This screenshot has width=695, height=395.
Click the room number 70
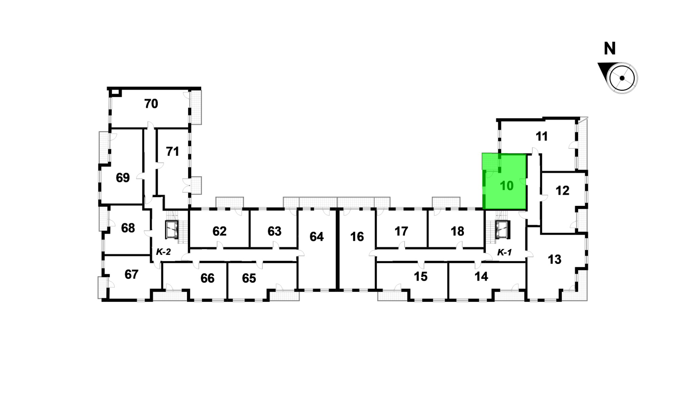(x=151, y=104)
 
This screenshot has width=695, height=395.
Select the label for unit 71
(x=172, y=151)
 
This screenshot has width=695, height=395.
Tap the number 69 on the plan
(x=123, y=177)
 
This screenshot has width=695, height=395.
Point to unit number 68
(x=128, y=228)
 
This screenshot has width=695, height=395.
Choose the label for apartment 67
(x=131, y=274)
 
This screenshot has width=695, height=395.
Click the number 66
(x=207, y=278)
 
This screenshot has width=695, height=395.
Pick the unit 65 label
(x=249, y=278)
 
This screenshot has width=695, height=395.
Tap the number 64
(x=317, y=236)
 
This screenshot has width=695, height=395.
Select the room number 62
(x=219, y=231)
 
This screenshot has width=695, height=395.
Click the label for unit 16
(x=357, y=236)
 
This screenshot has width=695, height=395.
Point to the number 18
(x=457, y=231)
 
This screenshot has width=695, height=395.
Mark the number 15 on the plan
(x=420, y=276)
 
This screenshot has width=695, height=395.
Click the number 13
(x=555, y=259)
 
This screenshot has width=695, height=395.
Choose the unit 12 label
(x=562, y=191)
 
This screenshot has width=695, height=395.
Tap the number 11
(x=542, y=136)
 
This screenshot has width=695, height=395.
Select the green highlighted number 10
(x=507, y=186)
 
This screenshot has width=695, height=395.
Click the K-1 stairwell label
(x=504, y=252)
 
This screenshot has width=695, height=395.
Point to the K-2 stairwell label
(x=163, y=252)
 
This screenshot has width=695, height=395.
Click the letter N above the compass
(x=610, y=49)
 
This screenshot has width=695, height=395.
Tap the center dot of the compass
(x=622, y=78)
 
